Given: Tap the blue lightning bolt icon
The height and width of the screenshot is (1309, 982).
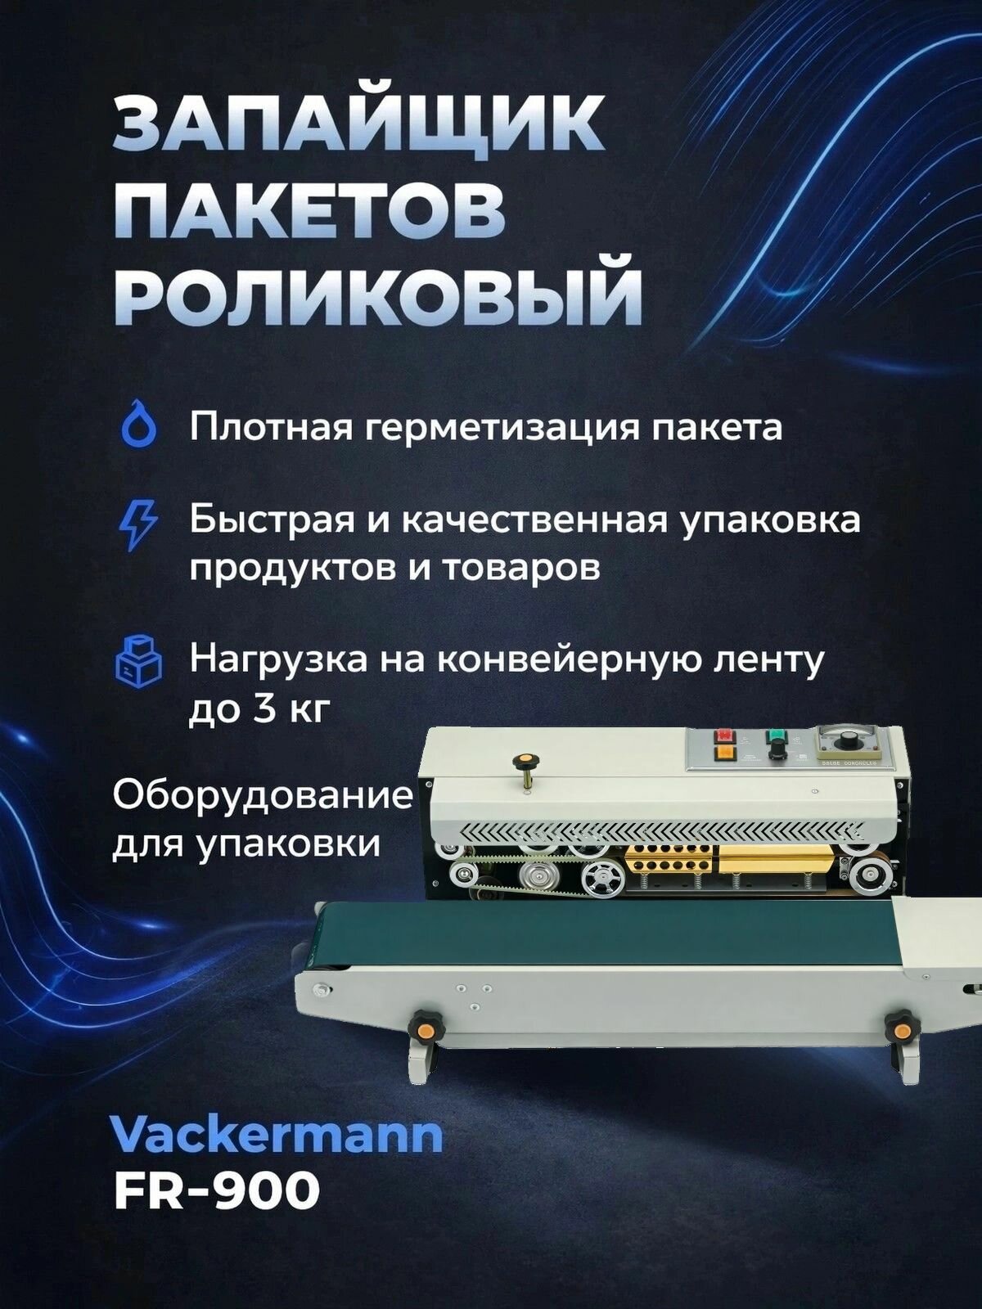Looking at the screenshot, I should point(137,524).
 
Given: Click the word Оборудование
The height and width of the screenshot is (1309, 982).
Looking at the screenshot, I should point(262,795).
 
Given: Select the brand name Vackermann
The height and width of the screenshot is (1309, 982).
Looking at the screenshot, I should point(276,1136).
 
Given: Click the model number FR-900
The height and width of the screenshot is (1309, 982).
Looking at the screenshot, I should point(216,1190).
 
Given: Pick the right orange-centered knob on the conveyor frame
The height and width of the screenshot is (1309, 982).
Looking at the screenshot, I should point(900,1023).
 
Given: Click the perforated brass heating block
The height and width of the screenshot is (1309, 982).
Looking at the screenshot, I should point(667,862).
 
